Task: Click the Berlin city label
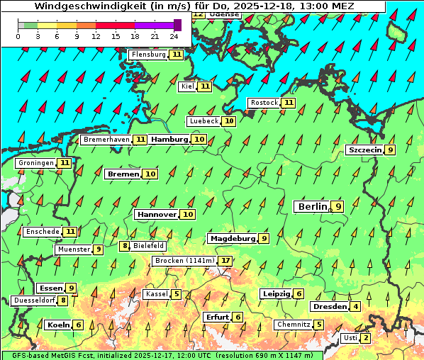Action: pyautogui.click(x=312, y=206)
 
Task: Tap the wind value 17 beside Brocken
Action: pyautogui.click(x=225, y=261)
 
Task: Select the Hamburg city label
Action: pyautogui.click(x=169, y=140)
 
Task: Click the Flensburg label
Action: pyautogui.click(x=148, y=55)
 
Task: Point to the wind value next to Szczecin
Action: pyautogui.click(x=390, y=150)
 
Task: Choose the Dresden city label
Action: pyautogui.click(x=329, y=307)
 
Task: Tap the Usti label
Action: pyautogui.click(x=350, y=338)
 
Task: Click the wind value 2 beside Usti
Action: pyautogui.click(x=365, y=338)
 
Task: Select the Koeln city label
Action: pyautogui.click(x=58, y=325)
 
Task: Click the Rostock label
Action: pyautogui.click(x=264, y=103)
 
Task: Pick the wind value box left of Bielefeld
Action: pyautogui.click(x=125, y=246)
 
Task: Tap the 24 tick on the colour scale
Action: pyautogui.click(x=174, y=35)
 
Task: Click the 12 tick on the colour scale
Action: pyautogui.click(x=96, y=35)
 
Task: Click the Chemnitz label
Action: pyautogui.click(x=294, y=325)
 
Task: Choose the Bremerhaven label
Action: pyautogui.click(x=106, y=140)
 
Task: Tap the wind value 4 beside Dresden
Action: pyautogui.click(x=355, y=307)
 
